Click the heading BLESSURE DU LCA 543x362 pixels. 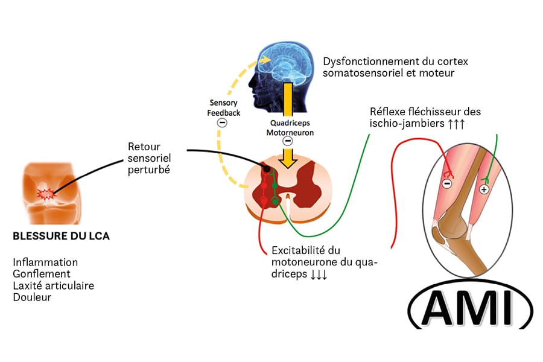point(61,236)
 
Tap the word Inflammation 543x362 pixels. point(45,262)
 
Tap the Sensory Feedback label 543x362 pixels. point(224,109)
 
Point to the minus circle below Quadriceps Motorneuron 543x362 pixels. point(288,141)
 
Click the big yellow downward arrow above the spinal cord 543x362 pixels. point(288,158)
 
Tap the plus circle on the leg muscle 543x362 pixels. point(483,189)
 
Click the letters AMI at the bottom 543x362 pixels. point(463,308)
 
